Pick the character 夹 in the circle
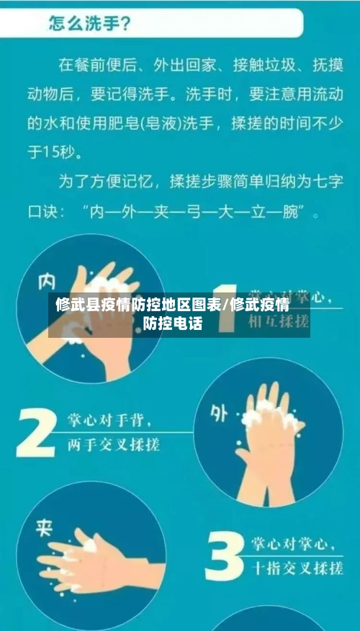click(45, 531)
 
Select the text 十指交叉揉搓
click(296, 568)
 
